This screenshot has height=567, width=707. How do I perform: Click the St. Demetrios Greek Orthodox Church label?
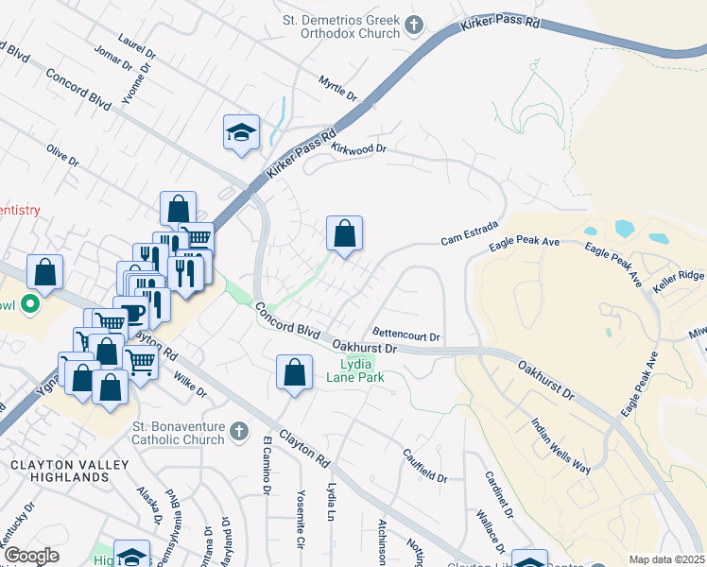point(341,26)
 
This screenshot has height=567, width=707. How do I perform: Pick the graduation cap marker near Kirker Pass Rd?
point(241,131)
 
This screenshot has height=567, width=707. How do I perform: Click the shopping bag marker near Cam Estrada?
point(345,232)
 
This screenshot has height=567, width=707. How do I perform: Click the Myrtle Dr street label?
point(337,90)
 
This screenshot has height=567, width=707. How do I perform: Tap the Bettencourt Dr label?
point(407,335)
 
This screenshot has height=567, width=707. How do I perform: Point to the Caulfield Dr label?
point(424,467)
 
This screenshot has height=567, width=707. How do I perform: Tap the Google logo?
point(30,556)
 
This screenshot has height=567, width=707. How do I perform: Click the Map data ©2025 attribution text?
point(666,559)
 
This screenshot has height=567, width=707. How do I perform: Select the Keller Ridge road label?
point(680,275)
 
